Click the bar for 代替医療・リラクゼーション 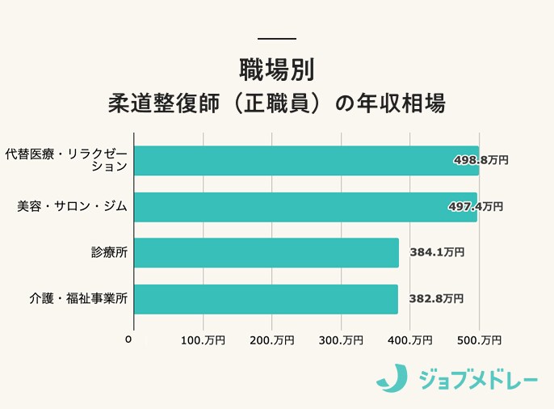tap(305, 160)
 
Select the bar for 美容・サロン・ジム tap(304, 207)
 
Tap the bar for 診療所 tap(266, 253)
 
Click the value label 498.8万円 tap(481, 160)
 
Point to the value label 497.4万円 tap(476, 207)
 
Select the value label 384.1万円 tap(437, 253)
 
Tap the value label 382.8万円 tap(436, 299)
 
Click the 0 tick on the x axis tap(128, 339)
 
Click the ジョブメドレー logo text tap(477, 377)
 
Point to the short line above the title tap(276, 39)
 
